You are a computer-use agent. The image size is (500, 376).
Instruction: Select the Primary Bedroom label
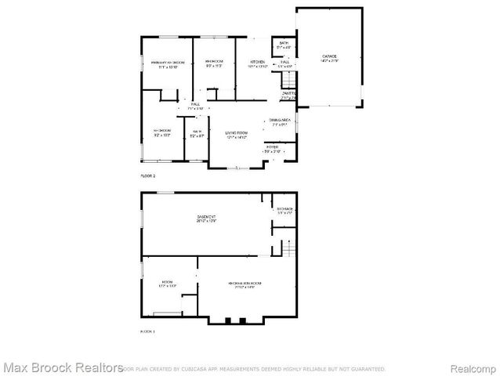pos(168,63)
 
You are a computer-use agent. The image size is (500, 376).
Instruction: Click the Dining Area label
pos(281,121)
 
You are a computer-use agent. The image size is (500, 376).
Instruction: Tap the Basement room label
pos(207,219)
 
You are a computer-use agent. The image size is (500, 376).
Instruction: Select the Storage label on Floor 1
pos(284,210)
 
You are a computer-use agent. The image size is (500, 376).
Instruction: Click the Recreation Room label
pos(245,284)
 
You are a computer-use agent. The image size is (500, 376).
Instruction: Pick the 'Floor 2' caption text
pos(147,176)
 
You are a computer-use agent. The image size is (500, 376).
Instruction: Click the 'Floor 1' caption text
pos(147,332)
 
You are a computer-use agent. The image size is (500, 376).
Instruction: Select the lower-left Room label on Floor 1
pos(167,283)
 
